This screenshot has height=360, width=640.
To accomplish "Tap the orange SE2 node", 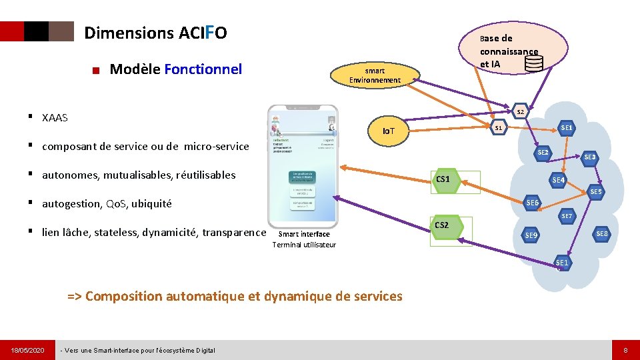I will [543, 153].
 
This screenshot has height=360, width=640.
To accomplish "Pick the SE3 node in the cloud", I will [589, 157].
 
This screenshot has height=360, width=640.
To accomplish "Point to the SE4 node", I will [559, 180].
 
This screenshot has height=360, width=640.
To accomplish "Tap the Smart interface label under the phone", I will [304, 234].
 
